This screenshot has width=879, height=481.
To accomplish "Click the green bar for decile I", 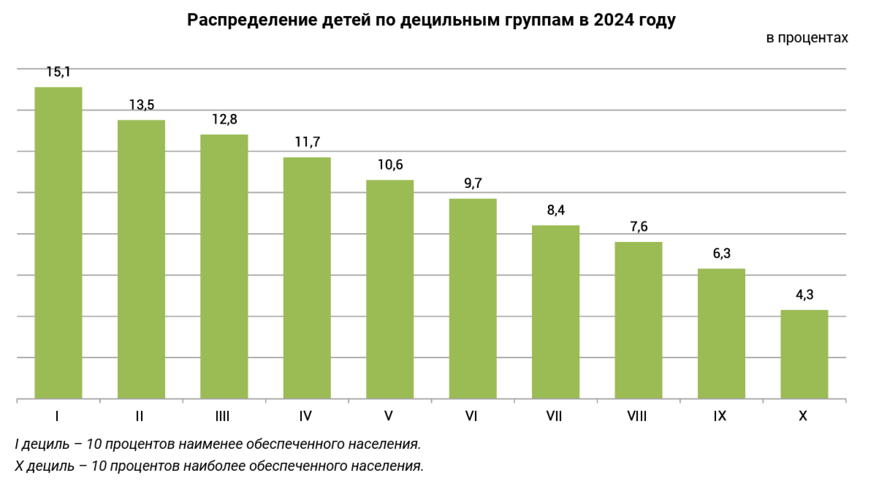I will tap(58, 243).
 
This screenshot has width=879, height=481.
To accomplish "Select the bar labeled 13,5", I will tap(141, 259).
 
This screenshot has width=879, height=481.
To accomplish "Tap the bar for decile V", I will tap(390, 289).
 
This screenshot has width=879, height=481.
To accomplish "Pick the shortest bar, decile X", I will tap(804, 354).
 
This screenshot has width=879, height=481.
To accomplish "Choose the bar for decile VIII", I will tap(638, 320).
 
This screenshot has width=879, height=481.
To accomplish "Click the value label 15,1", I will tap(58, 72).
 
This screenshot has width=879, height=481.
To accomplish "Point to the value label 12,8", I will tap(224, 120).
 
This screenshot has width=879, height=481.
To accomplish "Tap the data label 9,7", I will tap(473, 183).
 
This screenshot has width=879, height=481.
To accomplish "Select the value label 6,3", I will tap(722, 253).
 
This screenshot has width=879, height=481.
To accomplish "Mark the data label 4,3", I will tap(804, 295).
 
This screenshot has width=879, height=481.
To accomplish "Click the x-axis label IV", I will tap(305, 416).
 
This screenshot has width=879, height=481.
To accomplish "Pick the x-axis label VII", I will tap(554, 416).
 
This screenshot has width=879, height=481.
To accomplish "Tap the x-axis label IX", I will tap(720, 416).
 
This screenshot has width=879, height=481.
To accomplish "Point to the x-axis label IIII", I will tap(222, 416).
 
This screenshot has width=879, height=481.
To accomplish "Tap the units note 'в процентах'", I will tap(807, 38).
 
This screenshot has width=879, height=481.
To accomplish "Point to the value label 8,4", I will tap(556, 210).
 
